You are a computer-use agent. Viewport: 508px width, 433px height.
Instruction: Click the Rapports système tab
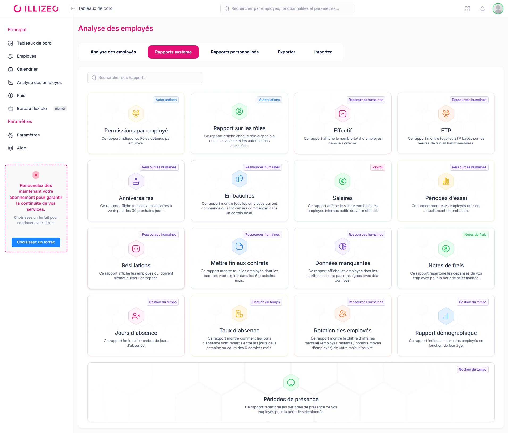tap(173, 52)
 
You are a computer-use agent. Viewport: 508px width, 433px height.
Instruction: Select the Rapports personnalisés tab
tap(234, 52)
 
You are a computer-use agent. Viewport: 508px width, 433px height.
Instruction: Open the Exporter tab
tap(286, 52)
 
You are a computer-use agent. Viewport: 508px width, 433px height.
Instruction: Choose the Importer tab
tap(323, 52)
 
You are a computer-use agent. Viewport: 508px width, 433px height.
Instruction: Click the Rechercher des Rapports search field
tap(145, 78)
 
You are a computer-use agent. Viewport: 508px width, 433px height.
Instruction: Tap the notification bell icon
tap(482, 9)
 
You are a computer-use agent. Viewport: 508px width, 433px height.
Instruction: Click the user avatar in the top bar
tap(498, 9)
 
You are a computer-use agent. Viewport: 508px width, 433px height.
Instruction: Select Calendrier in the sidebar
tap(27, 69)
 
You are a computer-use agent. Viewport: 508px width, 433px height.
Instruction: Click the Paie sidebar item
tap(21, 96)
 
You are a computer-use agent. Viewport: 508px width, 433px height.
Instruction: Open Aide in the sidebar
tap(21, 148)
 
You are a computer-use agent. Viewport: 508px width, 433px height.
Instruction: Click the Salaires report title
tap(342, 198)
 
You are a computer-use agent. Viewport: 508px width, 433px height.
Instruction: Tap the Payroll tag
tap(377, 167)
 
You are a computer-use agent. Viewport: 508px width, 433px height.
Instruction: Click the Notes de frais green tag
tap(475, 235)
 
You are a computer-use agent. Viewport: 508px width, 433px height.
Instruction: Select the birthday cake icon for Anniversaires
tap(136, 181)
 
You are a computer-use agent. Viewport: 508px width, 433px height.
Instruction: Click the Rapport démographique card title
tap(446, 333)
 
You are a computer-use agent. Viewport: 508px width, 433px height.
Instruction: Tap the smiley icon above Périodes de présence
tap(291, 383)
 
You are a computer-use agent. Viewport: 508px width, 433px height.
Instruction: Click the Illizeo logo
tap(36, 9)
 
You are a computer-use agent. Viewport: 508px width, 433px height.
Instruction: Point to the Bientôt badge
tap(60, 109)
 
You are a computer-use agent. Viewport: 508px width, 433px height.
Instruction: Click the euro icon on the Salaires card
tap(342, 181)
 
